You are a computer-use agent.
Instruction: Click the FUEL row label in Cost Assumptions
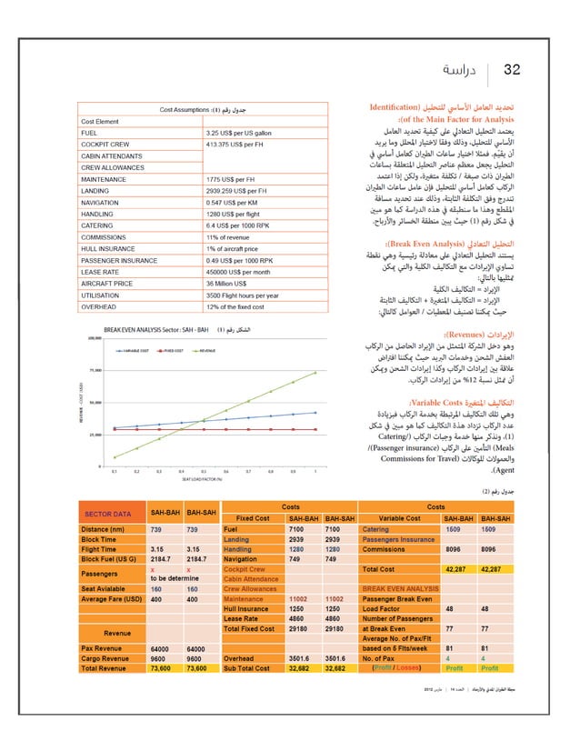click(89, 132)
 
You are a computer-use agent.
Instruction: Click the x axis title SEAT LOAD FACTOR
click(203, 480)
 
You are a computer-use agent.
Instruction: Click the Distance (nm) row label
click(102, 528)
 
